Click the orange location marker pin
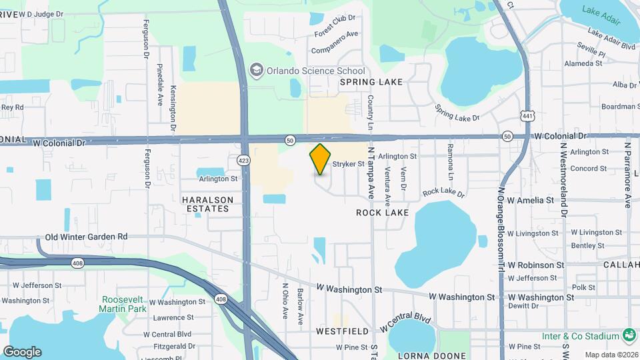click(320, 159)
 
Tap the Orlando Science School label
click(315, 71)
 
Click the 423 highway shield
click(243, 160)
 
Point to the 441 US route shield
click(528, 116)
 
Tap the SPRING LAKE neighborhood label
click(371, 82)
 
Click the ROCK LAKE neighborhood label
click(382, 213)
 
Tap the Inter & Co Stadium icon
click(627, 333)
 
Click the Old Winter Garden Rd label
click(86, 237)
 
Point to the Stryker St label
click(349, 163)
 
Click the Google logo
click(22, 352)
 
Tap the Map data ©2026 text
click(611, 355)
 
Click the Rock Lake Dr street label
click(443, 192)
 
